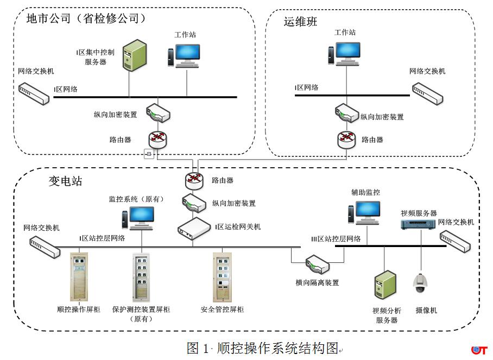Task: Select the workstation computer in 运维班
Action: tap(345, 54)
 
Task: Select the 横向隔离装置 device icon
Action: tap(317, 265)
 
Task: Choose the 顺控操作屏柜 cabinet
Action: tap(79, 276)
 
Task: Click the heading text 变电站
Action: tap(66, 181)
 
